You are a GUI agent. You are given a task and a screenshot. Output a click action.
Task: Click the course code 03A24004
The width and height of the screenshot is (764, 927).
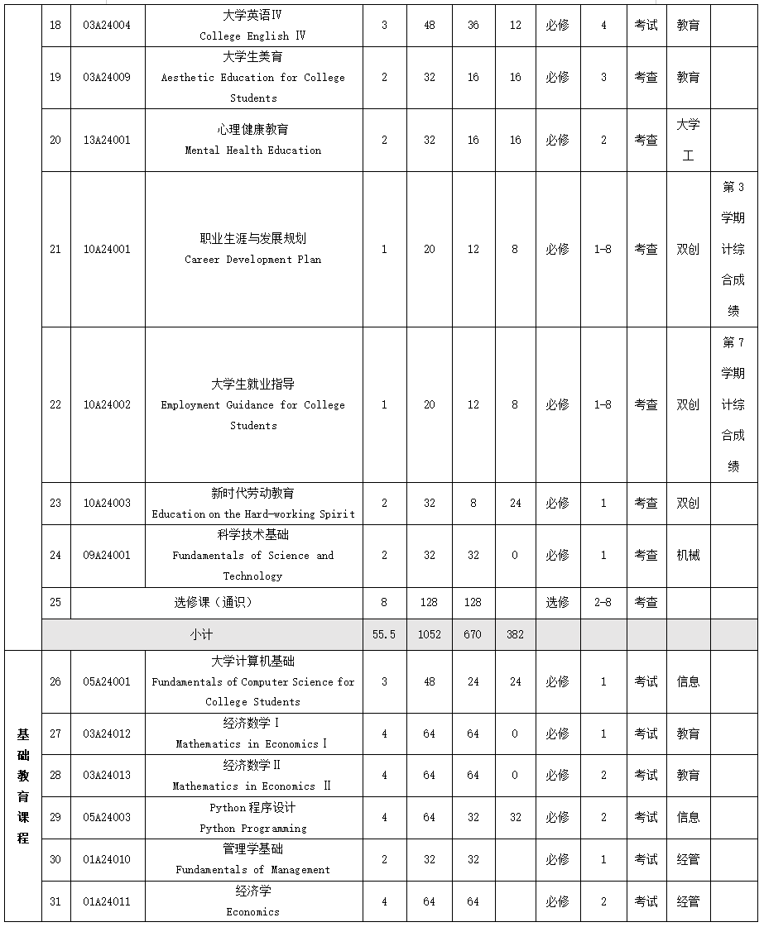tap(107, 26)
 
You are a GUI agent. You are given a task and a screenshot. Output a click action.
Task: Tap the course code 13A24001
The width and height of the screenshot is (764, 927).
tap(107, 140)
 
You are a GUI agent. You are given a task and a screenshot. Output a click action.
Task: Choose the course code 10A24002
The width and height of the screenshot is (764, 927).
tap(107, 404)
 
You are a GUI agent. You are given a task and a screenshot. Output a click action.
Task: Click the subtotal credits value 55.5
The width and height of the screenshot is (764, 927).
tap(384, 634)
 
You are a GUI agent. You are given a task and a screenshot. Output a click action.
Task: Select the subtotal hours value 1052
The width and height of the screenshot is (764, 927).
tap(429, 634)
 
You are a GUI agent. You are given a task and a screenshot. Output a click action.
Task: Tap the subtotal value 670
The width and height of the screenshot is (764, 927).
tap(473, 634)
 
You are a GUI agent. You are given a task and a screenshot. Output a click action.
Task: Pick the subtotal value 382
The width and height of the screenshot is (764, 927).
tap(515, 634)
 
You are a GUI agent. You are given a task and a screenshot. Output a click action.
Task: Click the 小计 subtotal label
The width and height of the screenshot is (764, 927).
tap(202, 634)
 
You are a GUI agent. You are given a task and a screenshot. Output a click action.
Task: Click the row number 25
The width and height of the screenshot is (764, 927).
tap(55, 602)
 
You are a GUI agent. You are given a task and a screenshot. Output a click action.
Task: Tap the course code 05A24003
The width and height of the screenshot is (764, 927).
tap(107, 817)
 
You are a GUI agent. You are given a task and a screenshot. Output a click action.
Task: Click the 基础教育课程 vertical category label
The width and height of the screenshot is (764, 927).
tap(23, 786)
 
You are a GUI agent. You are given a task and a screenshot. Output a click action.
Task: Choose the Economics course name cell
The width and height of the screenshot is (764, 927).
tap(253, 901)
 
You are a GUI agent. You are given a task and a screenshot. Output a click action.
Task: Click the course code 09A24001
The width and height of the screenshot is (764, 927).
tap(107, 555)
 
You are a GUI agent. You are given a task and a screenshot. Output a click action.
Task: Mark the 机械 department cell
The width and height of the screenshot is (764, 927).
tap(688, 555)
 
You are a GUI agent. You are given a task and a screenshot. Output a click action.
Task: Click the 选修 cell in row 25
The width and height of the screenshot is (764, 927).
tap(557, 602)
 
